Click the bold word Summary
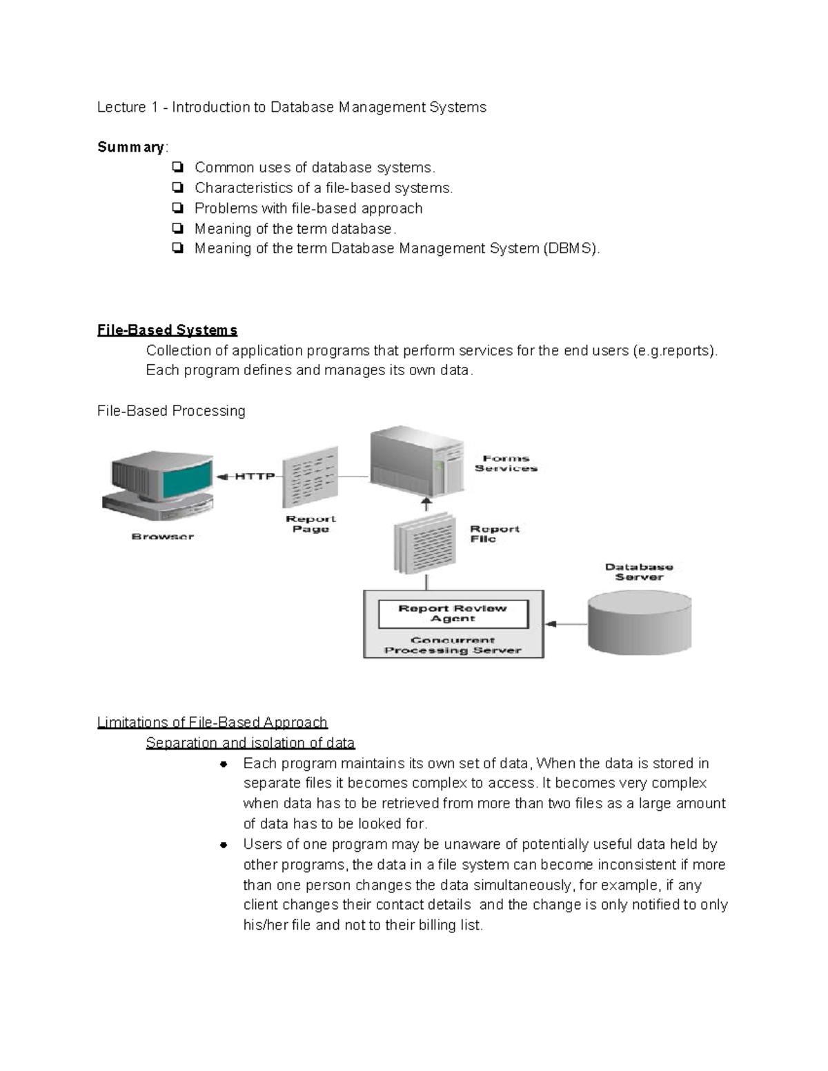point(130,147)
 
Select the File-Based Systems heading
point(167,330)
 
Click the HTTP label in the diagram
point(254,476)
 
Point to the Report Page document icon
point(310,477)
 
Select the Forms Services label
point(505,463)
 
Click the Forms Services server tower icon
point(416,458)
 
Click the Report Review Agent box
point(453,613)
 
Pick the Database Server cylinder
point(639,624)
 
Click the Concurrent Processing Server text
point(453,645)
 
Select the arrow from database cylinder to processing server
point(566,624)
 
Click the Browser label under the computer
point(163,536)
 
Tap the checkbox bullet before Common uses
point(177,168)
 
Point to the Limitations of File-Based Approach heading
point(212,722)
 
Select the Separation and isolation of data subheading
point(250,743)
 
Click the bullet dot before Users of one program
point(224,845)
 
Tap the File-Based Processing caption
point(171,411)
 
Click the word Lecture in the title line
point(121,107)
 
